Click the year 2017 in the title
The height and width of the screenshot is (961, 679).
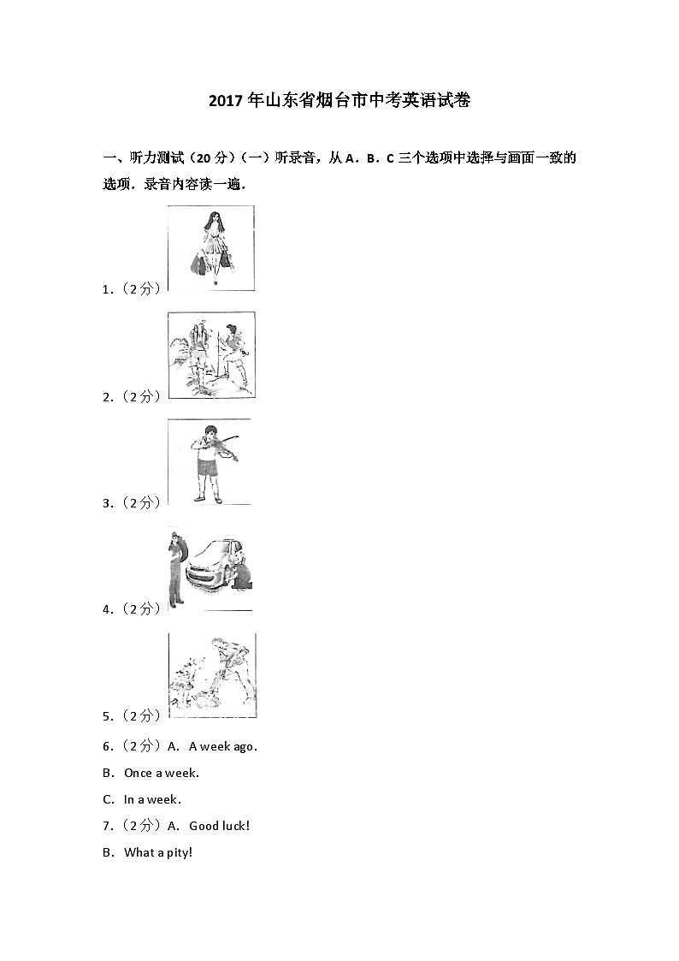point(226,101)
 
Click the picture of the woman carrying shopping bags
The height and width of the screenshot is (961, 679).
point(211,248)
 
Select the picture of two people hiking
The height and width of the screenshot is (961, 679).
point(211,355)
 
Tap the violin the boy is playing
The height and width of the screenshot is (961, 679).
point(225,447)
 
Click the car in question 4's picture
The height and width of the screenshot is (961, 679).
point(214,563)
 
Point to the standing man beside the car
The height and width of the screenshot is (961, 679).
point(175,569)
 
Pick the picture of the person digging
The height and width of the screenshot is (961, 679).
point(212,676)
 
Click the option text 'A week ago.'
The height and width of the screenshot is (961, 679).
point(222,746)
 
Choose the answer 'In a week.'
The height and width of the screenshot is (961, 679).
point(152,799)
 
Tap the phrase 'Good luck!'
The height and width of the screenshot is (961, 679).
point(219,826)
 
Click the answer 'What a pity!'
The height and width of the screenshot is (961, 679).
point(158,852)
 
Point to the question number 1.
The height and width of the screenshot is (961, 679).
point(107,289)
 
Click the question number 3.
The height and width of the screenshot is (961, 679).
point(107,502)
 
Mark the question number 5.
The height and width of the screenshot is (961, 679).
point(107,715)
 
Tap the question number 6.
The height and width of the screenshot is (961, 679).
point(107,746)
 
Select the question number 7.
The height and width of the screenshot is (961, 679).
point(107,826)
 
